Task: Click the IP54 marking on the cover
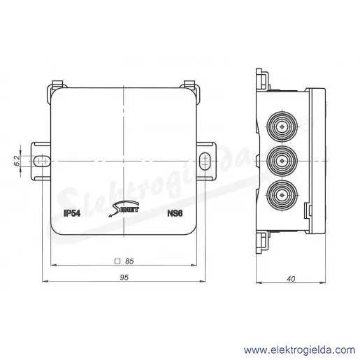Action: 72,213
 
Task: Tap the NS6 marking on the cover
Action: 175,213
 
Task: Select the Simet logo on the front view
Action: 124,208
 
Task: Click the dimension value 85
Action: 129,261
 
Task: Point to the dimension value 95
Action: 124,278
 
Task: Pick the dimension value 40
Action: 291,279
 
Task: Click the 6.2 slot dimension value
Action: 17,161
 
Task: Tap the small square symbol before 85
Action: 117,261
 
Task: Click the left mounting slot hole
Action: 42,161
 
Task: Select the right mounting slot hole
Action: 205,161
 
